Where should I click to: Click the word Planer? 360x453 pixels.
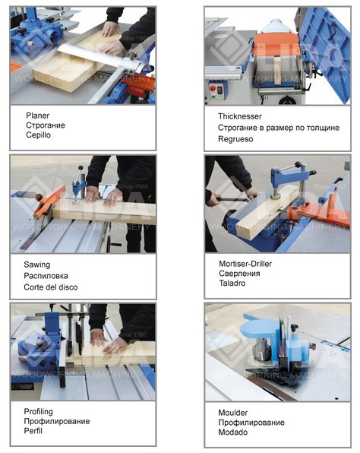point(37,116)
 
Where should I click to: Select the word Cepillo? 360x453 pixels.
point(38,135)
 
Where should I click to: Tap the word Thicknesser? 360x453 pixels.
point(240,116)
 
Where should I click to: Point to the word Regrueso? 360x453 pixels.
point(235,139)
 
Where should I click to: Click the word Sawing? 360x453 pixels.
point(37,265)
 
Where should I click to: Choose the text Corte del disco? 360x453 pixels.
point(51,287)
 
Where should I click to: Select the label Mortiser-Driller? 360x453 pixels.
point(245,264)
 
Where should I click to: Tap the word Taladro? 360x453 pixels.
point(232,283)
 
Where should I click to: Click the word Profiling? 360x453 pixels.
point(39,412)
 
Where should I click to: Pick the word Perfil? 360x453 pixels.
point(33,431)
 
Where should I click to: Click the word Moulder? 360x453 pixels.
point(233,413)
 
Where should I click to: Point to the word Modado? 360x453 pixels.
point(233,432)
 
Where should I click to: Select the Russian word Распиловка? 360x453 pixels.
point(46,276)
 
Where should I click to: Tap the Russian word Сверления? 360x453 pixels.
point(239,274)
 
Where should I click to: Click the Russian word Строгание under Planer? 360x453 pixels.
point(46,125)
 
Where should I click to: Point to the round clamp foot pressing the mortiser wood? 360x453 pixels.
point(276,196)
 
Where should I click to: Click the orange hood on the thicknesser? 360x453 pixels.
point(276,49)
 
